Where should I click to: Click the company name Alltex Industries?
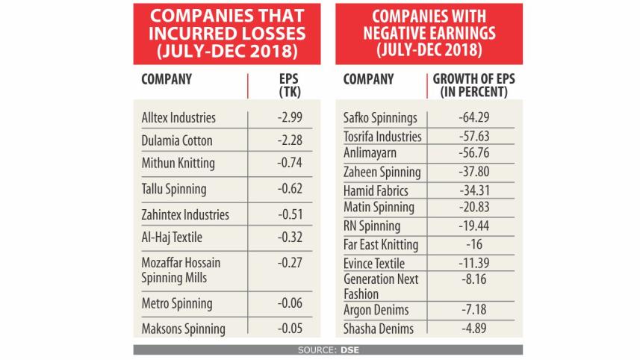pyautogui.click(x=178, y=118)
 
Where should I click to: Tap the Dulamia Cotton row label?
pyautogui.click(x=177, y=140)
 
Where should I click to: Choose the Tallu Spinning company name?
pyautogui.click(x=174, y=189)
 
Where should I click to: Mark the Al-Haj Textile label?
pyautogui.click(x=172, y=238)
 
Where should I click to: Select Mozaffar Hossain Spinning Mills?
pyautogui.click(x=181, y=270)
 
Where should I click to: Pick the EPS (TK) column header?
pyautogui.click(x=288, y=85)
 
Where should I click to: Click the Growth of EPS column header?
pyautogui.click(x=473, y=85)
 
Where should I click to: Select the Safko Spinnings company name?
pyautogui.click(x=380, y=118)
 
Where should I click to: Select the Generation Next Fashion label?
pyautogui.click(x=380, y=286)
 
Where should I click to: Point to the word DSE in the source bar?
pyautogui.click(x=349, y=350)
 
